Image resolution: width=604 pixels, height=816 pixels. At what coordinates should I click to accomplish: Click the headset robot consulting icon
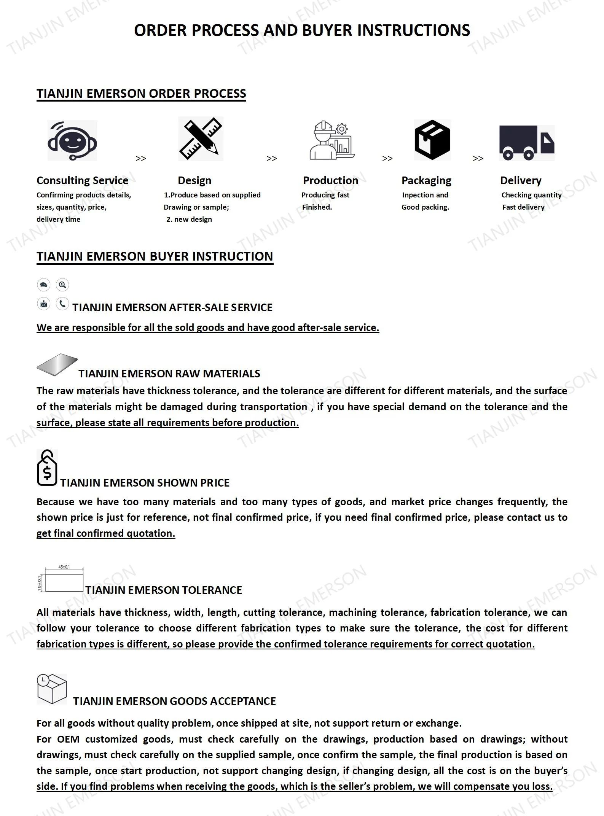(72, 140)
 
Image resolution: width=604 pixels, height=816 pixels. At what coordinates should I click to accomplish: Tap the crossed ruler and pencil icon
(201, 138)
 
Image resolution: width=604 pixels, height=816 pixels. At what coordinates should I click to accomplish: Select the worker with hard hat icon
(332, 140)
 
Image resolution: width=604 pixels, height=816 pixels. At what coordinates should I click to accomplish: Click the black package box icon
(432, 140)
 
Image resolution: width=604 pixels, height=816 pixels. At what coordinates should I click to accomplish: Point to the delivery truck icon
(527, 143)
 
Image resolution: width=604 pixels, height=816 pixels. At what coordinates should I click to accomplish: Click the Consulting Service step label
(82, 180)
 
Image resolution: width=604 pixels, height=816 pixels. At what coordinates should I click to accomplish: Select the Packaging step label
(426, 180)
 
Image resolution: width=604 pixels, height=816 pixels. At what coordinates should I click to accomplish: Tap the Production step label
(330, 180)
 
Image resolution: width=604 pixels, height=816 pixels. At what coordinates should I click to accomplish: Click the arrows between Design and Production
(271, 158)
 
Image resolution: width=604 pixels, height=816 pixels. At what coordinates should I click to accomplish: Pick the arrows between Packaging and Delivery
(478, 158)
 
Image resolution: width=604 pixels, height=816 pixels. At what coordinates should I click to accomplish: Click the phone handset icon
(62, 304)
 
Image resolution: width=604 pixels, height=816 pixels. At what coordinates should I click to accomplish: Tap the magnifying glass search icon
(62, 285)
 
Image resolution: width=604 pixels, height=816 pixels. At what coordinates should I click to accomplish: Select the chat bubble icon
(44, 285)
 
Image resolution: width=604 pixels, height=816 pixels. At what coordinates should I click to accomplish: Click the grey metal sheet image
(57, 364)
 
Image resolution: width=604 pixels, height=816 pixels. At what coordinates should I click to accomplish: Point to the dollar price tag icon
(47, 468)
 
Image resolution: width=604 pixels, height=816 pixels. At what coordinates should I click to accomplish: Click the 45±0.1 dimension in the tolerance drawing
(64, 567)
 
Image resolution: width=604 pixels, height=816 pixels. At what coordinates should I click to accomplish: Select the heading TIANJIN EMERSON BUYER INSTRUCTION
(155, 256)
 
